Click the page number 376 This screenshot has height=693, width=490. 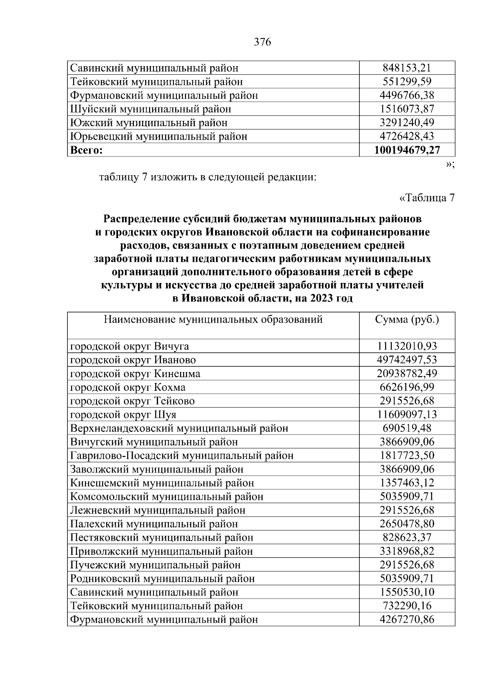click(x=262, y=42)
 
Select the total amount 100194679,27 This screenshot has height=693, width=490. click(x=407, y=150)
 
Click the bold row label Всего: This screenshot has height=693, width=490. click(x=86, y=150)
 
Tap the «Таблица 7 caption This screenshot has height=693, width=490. click(x=426, y=198)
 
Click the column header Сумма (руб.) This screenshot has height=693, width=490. click(x=407, y=319)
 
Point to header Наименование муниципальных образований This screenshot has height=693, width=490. click(x=213, y=319)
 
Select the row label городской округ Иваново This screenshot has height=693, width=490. click(x=133, y=360)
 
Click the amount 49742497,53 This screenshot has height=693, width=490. click(x=407, y=360)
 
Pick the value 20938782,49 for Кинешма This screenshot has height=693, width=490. click(x=407, y=374)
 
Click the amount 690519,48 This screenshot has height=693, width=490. click(x=407, y=428)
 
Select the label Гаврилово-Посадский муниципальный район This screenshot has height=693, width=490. click(x=182, y=456)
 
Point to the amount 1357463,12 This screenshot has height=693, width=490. click(x=407, y=483)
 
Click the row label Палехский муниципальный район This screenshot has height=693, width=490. click(x=154, y=524)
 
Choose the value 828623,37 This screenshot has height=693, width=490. click(x=407, y=538)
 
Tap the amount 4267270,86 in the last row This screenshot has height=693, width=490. click(x=407, y=619)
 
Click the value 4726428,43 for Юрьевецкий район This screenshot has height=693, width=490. click(x=407, y=136)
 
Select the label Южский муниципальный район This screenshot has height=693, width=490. click(x=149, y=123)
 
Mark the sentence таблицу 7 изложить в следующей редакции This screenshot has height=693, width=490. click(x=208, y=178)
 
